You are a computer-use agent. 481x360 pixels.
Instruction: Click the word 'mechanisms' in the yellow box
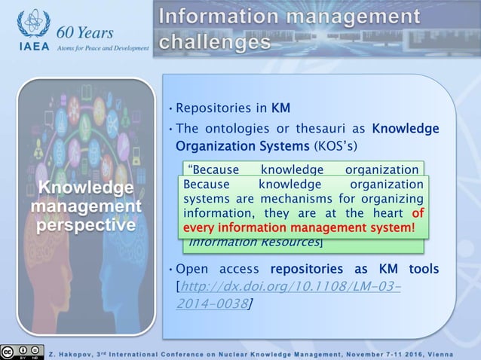click(294, 199)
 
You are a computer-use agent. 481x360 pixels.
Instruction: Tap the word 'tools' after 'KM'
click(424, 270)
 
